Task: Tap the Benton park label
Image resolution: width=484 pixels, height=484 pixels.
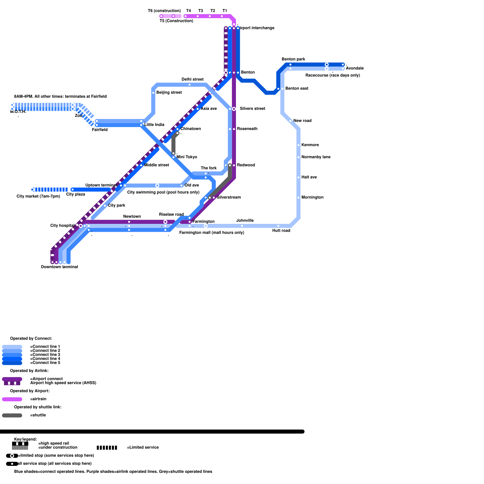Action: [293, 59]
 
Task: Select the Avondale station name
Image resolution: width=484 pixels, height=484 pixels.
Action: [355, 68]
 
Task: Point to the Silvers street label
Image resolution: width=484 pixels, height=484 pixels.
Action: [252, 109]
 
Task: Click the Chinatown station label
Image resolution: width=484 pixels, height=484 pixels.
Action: [191, 129]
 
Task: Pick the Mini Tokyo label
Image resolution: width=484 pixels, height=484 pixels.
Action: [187, 157]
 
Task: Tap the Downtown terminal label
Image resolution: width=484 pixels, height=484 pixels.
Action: [59, 267]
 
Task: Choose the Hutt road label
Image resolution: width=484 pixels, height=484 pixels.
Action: [281, 231]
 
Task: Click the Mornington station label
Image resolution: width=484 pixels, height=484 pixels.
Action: [312, 198]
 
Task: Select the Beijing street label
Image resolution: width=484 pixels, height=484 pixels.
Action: [169, 93]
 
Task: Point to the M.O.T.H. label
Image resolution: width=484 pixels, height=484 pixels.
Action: [18, 112]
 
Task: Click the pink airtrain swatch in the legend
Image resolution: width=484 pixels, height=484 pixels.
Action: [12, 399]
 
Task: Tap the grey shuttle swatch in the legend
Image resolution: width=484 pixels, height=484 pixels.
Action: [12, 415]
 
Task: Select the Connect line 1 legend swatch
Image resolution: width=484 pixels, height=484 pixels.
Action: [12, 347]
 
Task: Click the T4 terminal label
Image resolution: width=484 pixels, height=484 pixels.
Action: [188, 11]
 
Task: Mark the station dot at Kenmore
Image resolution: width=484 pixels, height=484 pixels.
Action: [299, 145]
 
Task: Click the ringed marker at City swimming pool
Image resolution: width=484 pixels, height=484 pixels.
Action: [157, 185]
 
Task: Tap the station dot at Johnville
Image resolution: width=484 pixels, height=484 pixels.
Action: [242, 226]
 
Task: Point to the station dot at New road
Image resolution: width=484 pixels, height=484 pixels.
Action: [290, 121]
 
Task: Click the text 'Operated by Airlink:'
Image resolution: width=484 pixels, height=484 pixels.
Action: [29, 371]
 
